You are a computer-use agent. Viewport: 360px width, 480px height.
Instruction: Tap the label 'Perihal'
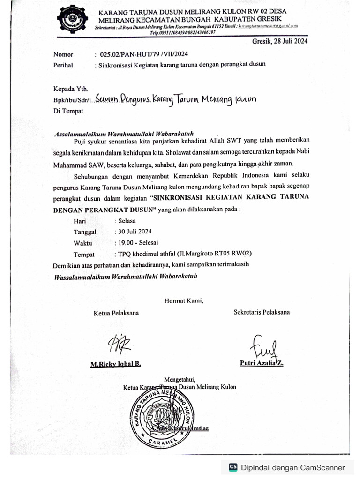(x=63, y=65)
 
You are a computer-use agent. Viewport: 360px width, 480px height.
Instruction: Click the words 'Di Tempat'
(x=68, y=111)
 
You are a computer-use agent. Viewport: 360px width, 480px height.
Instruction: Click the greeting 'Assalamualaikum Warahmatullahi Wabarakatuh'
(x=124, y=134)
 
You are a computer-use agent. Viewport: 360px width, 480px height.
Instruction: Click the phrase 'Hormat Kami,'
(x=184, y=301)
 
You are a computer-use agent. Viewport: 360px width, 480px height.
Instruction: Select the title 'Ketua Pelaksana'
(x=116, y=313)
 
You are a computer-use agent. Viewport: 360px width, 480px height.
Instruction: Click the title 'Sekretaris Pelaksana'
(x=262, y=312)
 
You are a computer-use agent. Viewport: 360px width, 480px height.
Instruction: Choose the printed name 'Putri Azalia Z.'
(x=261, y=363)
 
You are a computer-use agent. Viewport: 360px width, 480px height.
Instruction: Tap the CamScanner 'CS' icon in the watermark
(x=233, y=467)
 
